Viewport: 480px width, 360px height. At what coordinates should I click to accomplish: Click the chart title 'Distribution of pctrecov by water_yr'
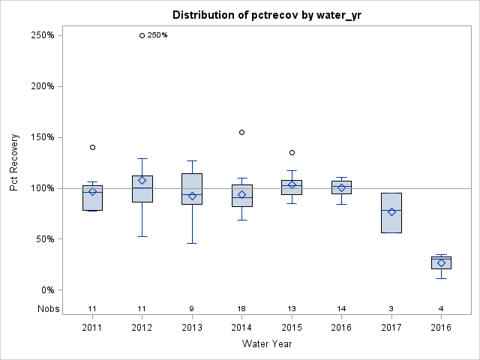267,15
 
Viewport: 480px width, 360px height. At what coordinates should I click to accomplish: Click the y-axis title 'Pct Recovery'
14,163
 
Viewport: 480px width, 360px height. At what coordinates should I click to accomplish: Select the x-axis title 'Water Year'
267,343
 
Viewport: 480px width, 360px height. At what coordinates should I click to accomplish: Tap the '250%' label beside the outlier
157,35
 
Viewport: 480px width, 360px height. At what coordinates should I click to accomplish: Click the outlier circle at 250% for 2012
142,35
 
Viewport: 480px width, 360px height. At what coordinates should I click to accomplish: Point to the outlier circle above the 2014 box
242,132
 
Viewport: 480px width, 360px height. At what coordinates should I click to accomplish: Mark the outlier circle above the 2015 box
292,152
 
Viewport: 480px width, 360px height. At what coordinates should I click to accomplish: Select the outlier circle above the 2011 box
92,147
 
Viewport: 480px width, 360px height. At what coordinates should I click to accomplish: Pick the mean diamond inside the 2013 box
192,196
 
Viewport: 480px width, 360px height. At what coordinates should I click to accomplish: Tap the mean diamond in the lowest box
441,263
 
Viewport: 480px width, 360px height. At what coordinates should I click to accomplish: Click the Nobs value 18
242,308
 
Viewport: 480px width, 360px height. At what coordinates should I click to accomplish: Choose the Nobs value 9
192,308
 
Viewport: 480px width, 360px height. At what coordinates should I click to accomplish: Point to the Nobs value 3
391,308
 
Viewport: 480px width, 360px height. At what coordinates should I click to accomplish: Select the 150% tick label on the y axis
42,137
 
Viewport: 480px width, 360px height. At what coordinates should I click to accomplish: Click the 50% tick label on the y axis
44,239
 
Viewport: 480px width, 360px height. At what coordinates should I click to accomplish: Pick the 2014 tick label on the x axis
242,328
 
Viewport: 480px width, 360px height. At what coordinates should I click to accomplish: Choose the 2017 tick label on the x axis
391,328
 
